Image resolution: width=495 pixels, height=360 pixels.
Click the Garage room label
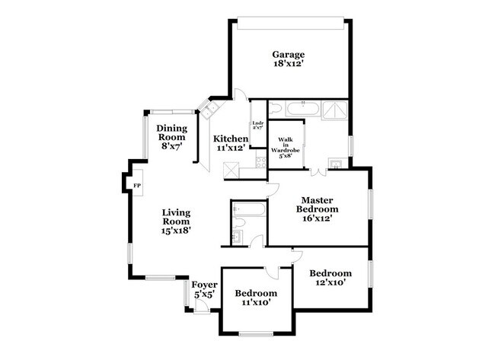tap(289, 54)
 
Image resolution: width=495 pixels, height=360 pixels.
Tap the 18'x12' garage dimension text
tap(289, 65)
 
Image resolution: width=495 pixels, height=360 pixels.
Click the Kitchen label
tap(230, 138)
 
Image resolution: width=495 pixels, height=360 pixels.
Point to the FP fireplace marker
tap(137, 186)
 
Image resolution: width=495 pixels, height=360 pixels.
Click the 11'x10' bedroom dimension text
tap(255, 304)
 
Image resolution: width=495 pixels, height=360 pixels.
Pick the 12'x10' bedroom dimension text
tap(331, 283)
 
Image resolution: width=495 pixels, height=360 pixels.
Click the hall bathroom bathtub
tap(248, 208)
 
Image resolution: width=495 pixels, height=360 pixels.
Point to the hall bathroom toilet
tap(237, 222)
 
